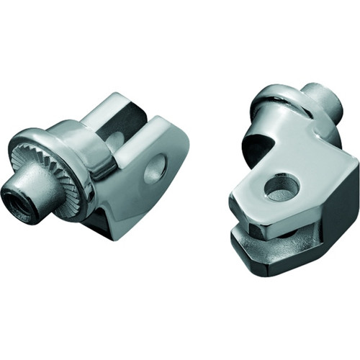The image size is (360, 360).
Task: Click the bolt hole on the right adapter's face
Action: [282, 188]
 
